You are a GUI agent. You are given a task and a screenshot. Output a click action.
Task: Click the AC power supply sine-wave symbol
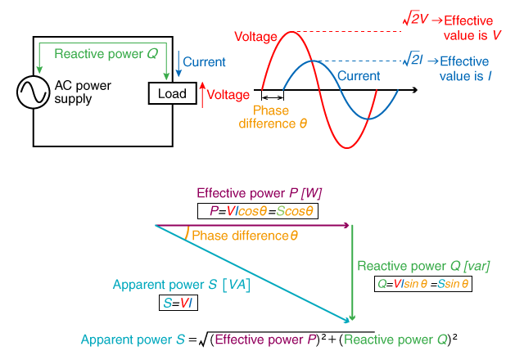coord(34,93)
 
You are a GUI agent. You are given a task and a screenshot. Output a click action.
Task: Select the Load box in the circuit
coord(171,93)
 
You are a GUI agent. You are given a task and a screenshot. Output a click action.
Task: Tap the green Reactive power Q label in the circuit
coord(106,53)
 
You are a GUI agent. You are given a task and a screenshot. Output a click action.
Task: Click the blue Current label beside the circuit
coord(205,61)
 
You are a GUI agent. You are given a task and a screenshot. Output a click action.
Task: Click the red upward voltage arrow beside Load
coord(202,95)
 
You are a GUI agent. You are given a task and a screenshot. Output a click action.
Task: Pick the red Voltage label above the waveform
coord(255,37)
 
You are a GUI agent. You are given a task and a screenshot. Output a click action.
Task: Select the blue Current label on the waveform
coord(359,75)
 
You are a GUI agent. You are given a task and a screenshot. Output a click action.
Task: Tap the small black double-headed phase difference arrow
coord(271,97)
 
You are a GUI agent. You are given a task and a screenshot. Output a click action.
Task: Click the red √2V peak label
coord(414,18)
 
